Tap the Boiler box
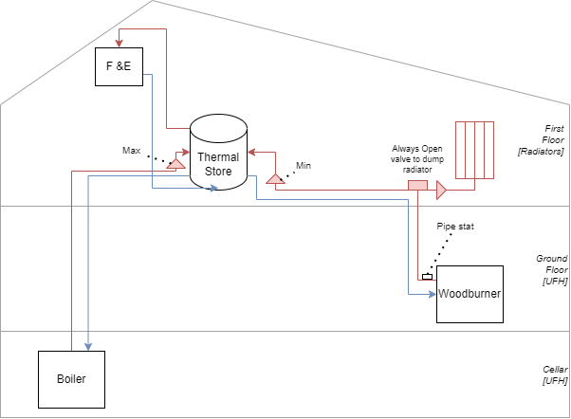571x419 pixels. [x=70, y=379]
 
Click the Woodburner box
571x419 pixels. [x=469, y=294]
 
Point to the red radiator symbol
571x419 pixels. [x=473, y=149]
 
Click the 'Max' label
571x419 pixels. [x=131, y=151]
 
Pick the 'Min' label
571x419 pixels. [x=304, y=165]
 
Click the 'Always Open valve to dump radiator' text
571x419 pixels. [x=417, y=159]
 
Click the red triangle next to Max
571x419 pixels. [x=175, y=164]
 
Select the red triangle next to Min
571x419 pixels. [x=275, y=177]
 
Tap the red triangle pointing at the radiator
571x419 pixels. [x=441, y=191]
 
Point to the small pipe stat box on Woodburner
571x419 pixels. [x=427, y=277]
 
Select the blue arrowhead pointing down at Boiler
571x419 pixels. [x=88, y=345]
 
